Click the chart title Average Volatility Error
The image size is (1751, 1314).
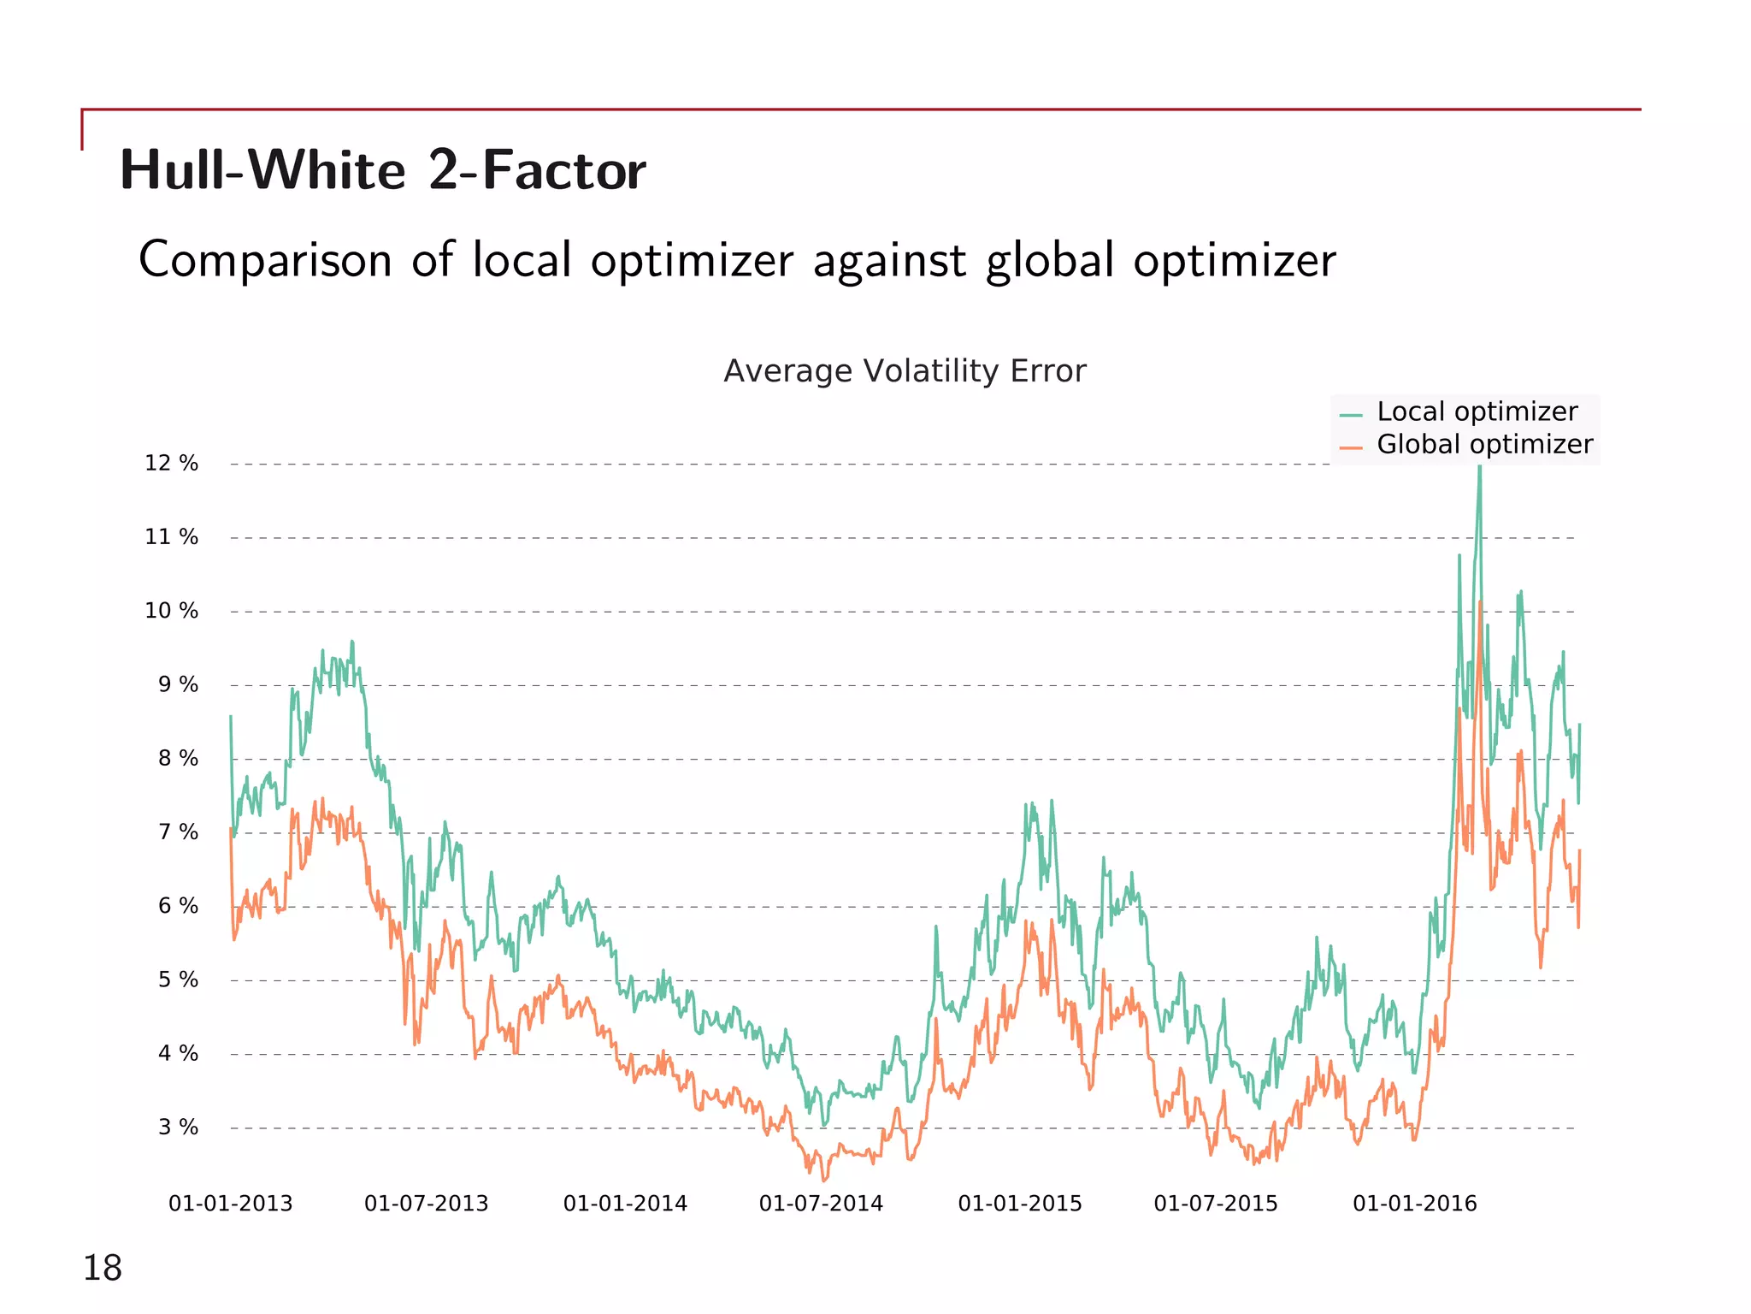coord(905,371)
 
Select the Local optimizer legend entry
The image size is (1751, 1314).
coord(1476,411)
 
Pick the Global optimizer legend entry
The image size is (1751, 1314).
coord(1483,445)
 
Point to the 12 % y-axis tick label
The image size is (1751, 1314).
coord(171,464)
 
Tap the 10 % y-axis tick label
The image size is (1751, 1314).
coord(171,611)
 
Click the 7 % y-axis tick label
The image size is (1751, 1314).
coord(177,832)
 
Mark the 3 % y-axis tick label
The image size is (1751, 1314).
coord(177,1128)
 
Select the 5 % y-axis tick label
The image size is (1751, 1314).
coord(177,980)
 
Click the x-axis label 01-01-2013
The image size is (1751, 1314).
coord(230,1204)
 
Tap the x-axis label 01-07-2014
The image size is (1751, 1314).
coord(821,1204)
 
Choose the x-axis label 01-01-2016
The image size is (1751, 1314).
coord(1414,1204)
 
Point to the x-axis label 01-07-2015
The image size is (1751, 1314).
coord(1215,1204)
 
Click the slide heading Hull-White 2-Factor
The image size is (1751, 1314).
coord(382,170)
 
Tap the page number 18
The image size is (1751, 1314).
coord(102,1268)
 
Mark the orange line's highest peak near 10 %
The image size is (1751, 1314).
coord(1480,604)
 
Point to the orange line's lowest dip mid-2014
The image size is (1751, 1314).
coord(824,1180)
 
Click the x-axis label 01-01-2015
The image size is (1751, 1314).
coord(1019,1204)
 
